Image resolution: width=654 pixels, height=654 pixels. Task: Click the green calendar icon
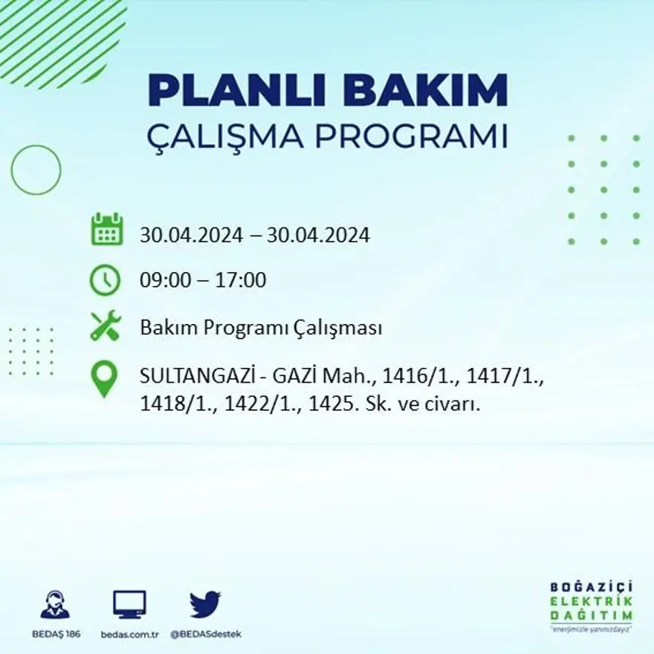click(x=106, y=230)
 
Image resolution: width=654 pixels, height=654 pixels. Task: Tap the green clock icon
click(x=105, y=280)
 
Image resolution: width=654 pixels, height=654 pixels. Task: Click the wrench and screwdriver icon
click(x=106, y=326)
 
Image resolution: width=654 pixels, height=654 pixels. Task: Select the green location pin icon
click(x=104, y=378)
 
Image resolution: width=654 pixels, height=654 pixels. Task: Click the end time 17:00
click(x=242, y=281)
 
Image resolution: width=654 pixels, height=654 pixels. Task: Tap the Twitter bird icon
click(x=205, y=604)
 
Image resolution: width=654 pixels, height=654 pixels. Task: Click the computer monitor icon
click(x=129, y=604)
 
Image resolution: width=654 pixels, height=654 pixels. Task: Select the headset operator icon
click(x=55, y=605)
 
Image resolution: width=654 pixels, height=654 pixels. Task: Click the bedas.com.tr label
click(x=129, y=634)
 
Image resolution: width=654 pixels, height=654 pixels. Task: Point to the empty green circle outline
click(x=36, y=170)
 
